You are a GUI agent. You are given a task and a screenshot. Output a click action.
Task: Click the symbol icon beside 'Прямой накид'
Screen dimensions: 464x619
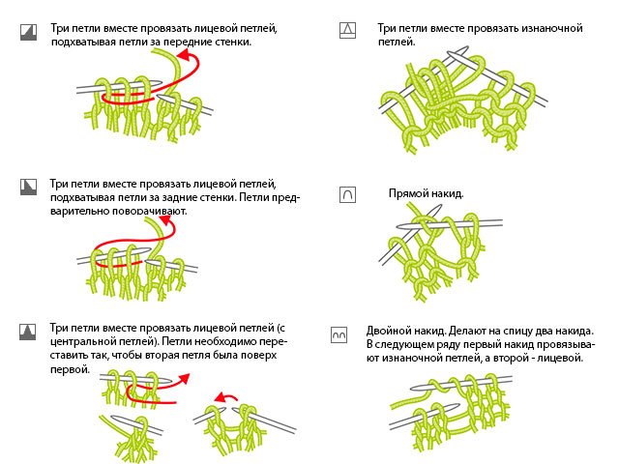346,194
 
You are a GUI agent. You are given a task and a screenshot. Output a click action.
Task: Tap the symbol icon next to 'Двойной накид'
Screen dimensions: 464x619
339,333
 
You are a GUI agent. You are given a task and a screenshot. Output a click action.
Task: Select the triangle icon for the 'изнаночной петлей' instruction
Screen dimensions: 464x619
346,30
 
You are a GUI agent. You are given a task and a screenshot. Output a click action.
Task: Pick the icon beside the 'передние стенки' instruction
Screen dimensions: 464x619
27,32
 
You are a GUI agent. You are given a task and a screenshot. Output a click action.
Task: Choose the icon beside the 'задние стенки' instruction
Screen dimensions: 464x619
27,185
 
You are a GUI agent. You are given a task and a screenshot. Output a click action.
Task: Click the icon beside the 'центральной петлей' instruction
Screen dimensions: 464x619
27,331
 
